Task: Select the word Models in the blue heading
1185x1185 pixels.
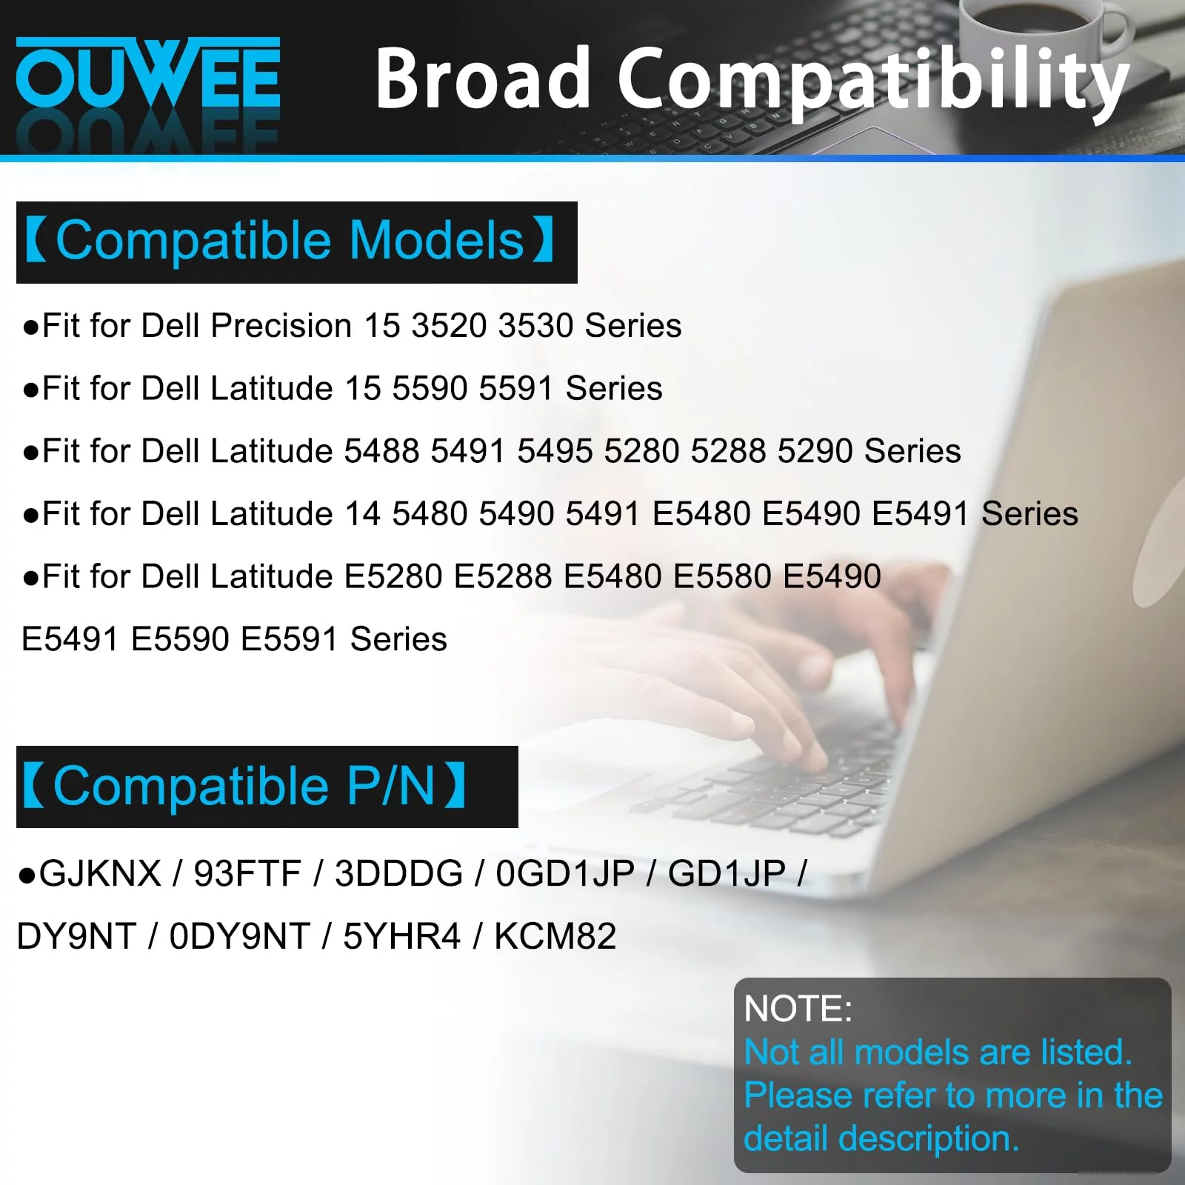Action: (436, 241)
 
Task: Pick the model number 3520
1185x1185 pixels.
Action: (450, 326)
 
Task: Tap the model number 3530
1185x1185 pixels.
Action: (536, 326)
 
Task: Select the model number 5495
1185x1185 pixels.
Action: (555, 451)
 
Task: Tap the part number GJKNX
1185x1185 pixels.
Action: (100, 873)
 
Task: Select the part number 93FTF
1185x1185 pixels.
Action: (247, 873)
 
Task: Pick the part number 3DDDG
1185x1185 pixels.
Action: (398, 873)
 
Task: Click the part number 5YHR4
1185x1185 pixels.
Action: (401, 936)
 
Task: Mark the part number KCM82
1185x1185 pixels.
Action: (555, 936)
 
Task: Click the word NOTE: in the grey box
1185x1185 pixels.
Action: (798, 1009)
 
